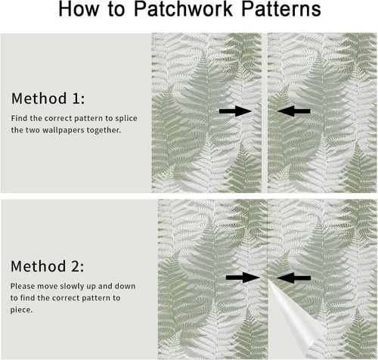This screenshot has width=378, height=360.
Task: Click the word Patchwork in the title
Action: point(183,9)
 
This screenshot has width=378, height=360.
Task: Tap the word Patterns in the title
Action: point(281,9)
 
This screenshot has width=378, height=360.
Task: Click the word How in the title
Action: point(79,9)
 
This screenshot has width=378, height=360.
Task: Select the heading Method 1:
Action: point(48,98)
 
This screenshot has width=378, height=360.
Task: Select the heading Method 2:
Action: point(48,266)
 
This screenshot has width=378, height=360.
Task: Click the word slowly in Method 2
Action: point(72,287)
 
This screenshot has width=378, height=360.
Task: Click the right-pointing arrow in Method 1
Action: point(235,111)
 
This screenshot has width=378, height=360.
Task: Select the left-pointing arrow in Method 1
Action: point(294,111)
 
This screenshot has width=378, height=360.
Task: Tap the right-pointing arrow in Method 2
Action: point(243,278)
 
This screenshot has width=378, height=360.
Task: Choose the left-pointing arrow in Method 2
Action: point(293,278)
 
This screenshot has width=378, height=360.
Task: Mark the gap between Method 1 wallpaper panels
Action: point(265,113)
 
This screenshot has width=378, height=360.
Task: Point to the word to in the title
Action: point(116,10)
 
